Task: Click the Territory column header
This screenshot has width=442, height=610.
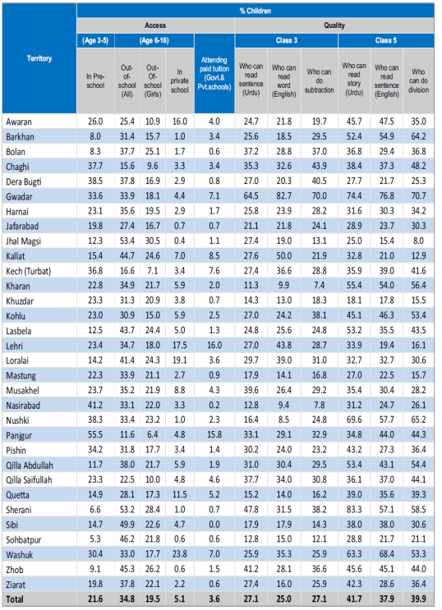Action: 39,58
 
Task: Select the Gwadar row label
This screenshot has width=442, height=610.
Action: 19,196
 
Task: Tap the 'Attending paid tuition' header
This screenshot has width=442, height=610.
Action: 214,73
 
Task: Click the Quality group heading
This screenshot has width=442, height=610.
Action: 334,25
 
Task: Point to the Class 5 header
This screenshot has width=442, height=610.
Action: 386,40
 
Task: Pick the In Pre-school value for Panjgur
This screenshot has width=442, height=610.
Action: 95,435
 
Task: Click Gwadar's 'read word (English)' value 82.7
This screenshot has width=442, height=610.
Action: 284,196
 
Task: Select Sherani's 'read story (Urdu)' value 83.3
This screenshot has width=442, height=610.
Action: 354,510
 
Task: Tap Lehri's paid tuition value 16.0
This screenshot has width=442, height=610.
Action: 214,345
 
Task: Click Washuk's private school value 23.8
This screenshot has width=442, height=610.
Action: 180,554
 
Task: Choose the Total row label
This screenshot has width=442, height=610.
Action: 15,599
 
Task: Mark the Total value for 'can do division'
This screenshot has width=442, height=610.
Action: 418,599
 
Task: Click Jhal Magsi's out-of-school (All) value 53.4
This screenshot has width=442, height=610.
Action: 127,241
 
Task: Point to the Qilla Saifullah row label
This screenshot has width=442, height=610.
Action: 29,480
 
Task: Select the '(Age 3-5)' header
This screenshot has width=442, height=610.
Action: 95,40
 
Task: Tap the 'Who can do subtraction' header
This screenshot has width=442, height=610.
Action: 319,81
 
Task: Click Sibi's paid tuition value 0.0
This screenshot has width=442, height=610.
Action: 214,525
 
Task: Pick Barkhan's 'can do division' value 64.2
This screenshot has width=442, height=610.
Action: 418,136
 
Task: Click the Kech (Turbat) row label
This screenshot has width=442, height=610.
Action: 29,271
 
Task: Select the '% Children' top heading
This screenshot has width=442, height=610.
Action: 256,11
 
